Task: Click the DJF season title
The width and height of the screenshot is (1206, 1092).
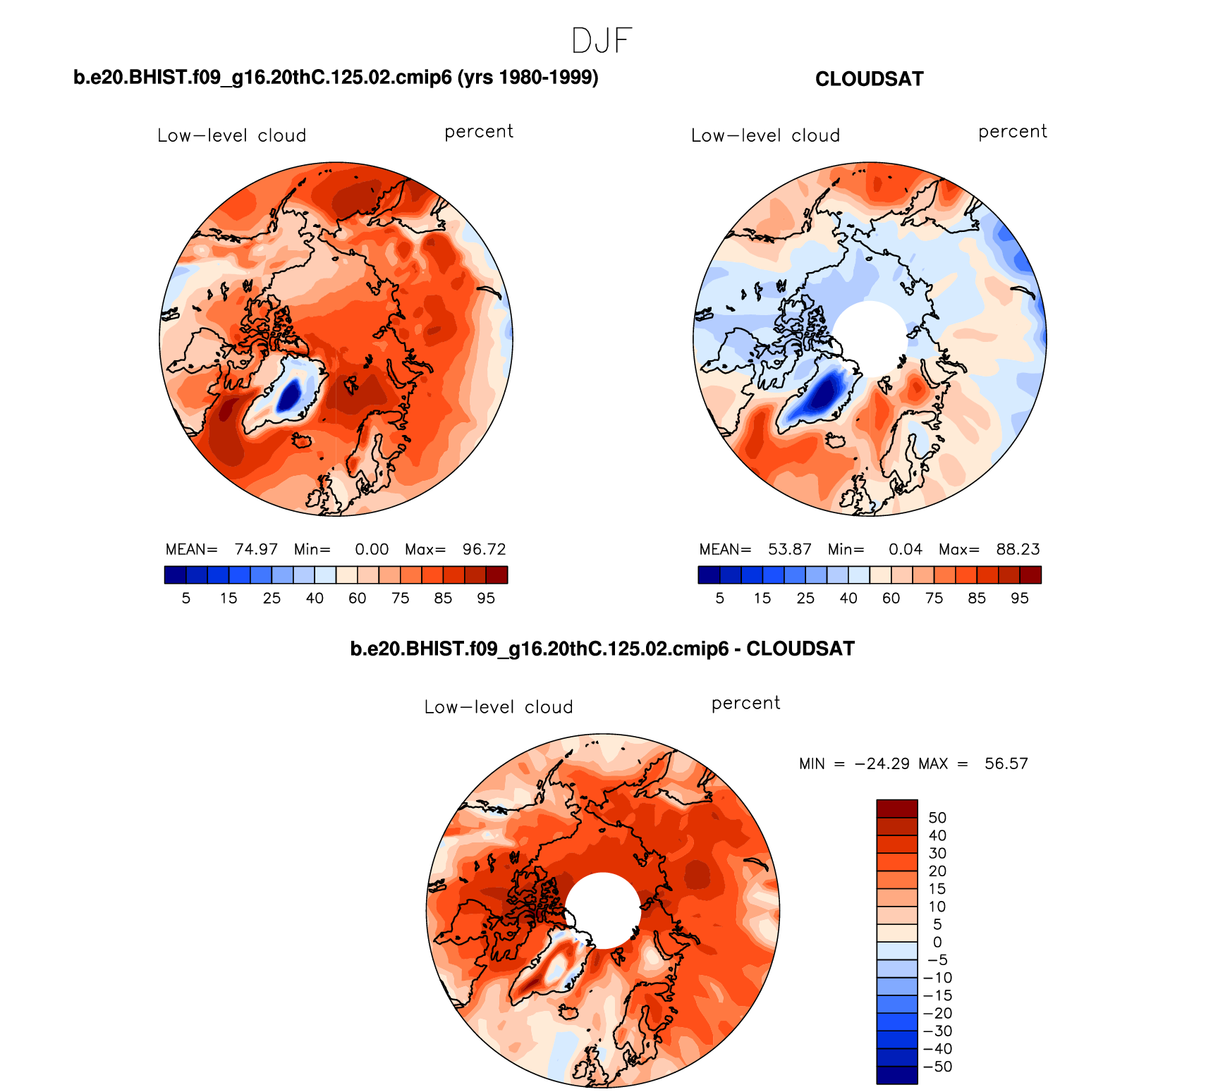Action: click(x=602, y=41)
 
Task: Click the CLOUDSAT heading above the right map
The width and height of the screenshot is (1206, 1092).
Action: click(x=869, y=79)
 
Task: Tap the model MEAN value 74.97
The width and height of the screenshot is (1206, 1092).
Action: click(x=256, y=549)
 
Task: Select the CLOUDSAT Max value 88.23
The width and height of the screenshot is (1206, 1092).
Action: click(x=1018, y=549)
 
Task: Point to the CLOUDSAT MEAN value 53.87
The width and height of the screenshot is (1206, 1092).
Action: click(x=790, y=549)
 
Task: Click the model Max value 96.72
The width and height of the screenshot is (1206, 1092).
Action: click(x=484, y=549)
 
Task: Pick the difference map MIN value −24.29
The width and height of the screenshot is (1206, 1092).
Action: click(x=882, y=763)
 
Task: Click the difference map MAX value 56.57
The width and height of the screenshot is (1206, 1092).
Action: click(x=1006, y=763)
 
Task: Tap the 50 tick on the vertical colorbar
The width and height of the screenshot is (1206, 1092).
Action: click(x=937, y=818)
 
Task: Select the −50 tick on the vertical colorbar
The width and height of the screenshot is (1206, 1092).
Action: click(x=937, y=1067)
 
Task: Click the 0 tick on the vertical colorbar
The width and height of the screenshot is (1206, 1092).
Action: click(x=937, y=942)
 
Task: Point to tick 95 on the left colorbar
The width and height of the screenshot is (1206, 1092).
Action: click(x=486, y=599)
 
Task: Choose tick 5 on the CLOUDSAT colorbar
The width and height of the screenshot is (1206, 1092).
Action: click(x=719, y=599)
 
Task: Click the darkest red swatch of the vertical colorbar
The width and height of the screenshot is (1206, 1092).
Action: click(x=896, y=809)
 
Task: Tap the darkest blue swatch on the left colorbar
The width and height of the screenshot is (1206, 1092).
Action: click(x=175, y=575)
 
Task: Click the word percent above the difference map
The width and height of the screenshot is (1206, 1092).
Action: click(x=745, y=704)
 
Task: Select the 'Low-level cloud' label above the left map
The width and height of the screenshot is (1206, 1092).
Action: click(x=231, y=135)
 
